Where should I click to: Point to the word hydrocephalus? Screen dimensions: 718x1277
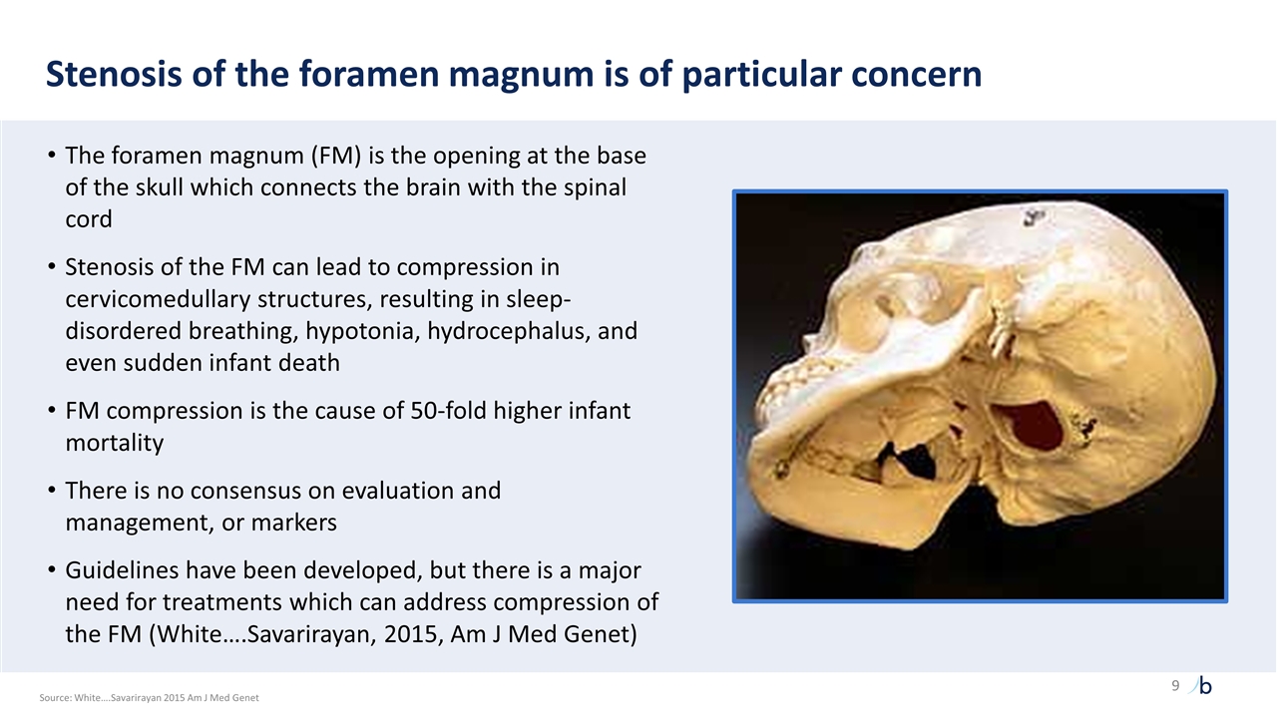[x=509, y=331]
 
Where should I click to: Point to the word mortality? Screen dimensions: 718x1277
[x=114, y=443]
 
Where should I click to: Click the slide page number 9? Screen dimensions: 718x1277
[x=1175, y=686]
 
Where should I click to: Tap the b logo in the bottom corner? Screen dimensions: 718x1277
[x=1204, y=686]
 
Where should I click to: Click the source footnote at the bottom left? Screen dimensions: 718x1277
[x=149, y=698]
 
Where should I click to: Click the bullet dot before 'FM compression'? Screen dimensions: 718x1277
[x=52, y=411]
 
